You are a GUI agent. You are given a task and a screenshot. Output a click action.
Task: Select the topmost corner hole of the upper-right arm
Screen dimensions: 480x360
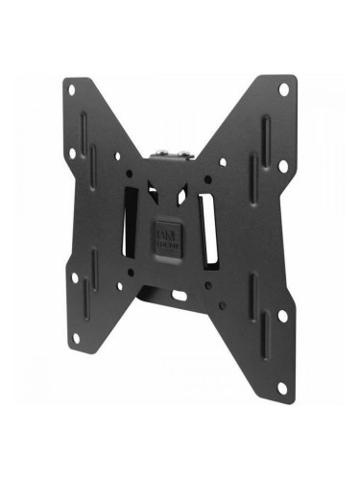284,89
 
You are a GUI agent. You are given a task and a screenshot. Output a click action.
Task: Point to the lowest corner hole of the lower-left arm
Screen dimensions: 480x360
74,337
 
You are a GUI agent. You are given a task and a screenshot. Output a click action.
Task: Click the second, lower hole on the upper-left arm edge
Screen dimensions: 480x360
72,154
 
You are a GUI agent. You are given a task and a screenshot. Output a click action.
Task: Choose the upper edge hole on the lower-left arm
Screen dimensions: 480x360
74,277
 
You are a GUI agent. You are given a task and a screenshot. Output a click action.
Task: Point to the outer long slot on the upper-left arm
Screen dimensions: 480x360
84,125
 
